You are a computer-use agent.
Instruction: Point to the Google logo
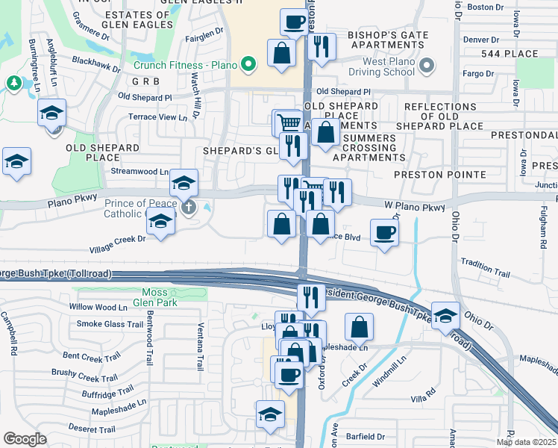25,439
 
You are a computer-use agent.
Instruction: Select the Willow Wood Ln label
98,307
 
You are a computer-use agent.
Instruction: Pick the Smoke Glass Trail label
110,324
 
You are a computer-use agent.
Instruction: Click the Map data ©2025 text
526,442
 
